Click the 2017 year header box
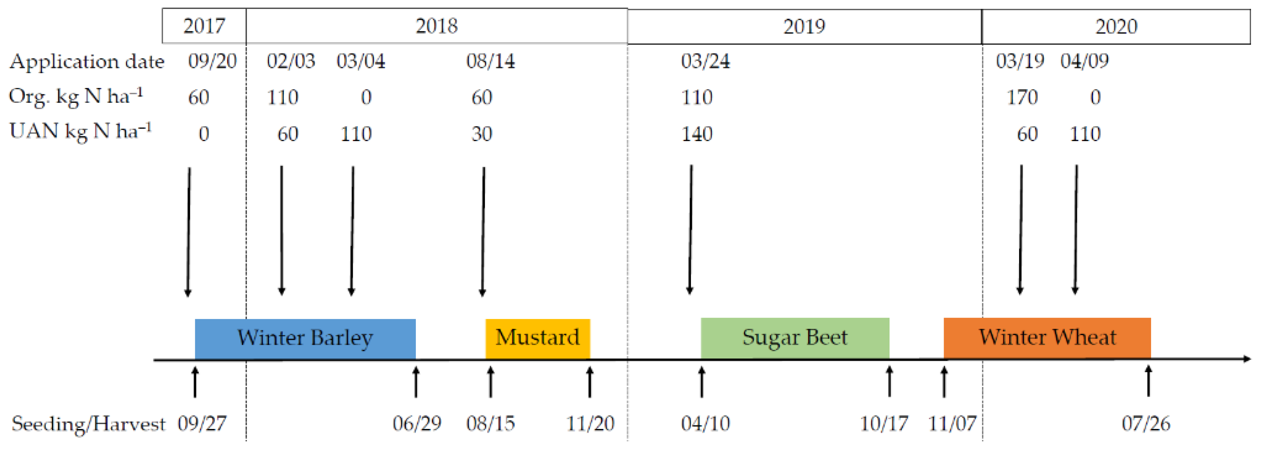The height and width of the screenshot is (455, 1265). (204, 26)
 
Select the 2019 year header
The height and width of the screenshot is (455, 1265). (804, 26)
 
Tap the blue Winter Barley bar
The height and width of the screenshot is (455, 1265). (305, 338)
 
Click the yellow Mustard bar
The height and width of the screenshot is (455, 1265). (537, 338)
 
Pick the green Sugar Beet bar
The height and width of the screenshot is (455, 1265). (794, 338)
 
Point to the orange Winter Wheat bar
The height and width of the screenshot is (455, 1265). (1047, 338)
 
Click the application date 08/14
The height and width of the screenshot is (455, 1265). (490, 61)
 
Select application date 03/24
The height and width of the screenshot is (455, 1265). (705, 61)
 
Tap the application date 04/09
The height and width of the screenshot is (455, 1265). (1084, 61)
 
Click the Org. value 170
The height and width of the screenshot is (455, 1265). (1022, 97)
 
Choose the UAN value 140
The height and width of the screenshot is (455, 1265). (696, 134)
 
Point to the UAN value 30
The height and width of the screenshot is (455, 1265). (481, 134)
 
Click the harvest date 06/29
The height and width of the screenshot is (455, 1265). (417, 423)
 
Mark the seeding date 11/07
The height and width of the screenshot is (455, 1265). (952, 423)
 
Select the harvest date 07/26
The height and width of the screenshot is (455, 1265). (1146, 423)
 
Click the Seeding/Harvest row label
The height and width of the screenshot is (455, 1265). (88, 423)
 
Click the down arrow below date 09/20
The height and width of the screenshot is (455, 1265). (189, 231)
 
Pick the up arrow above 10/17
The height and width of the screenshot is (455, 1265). (889, 381)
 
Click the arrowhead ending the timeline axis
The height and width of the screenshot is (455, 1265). (1247, 359)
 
